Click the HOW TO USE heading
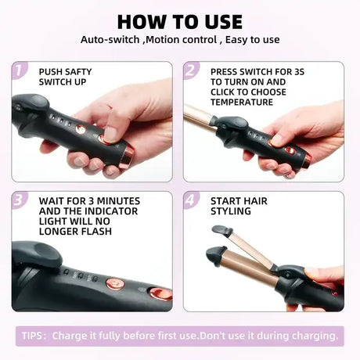pyautogui.click(x=180, y=20)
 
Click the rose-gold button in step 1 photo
pyautogui.click(x=81, y=129)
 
